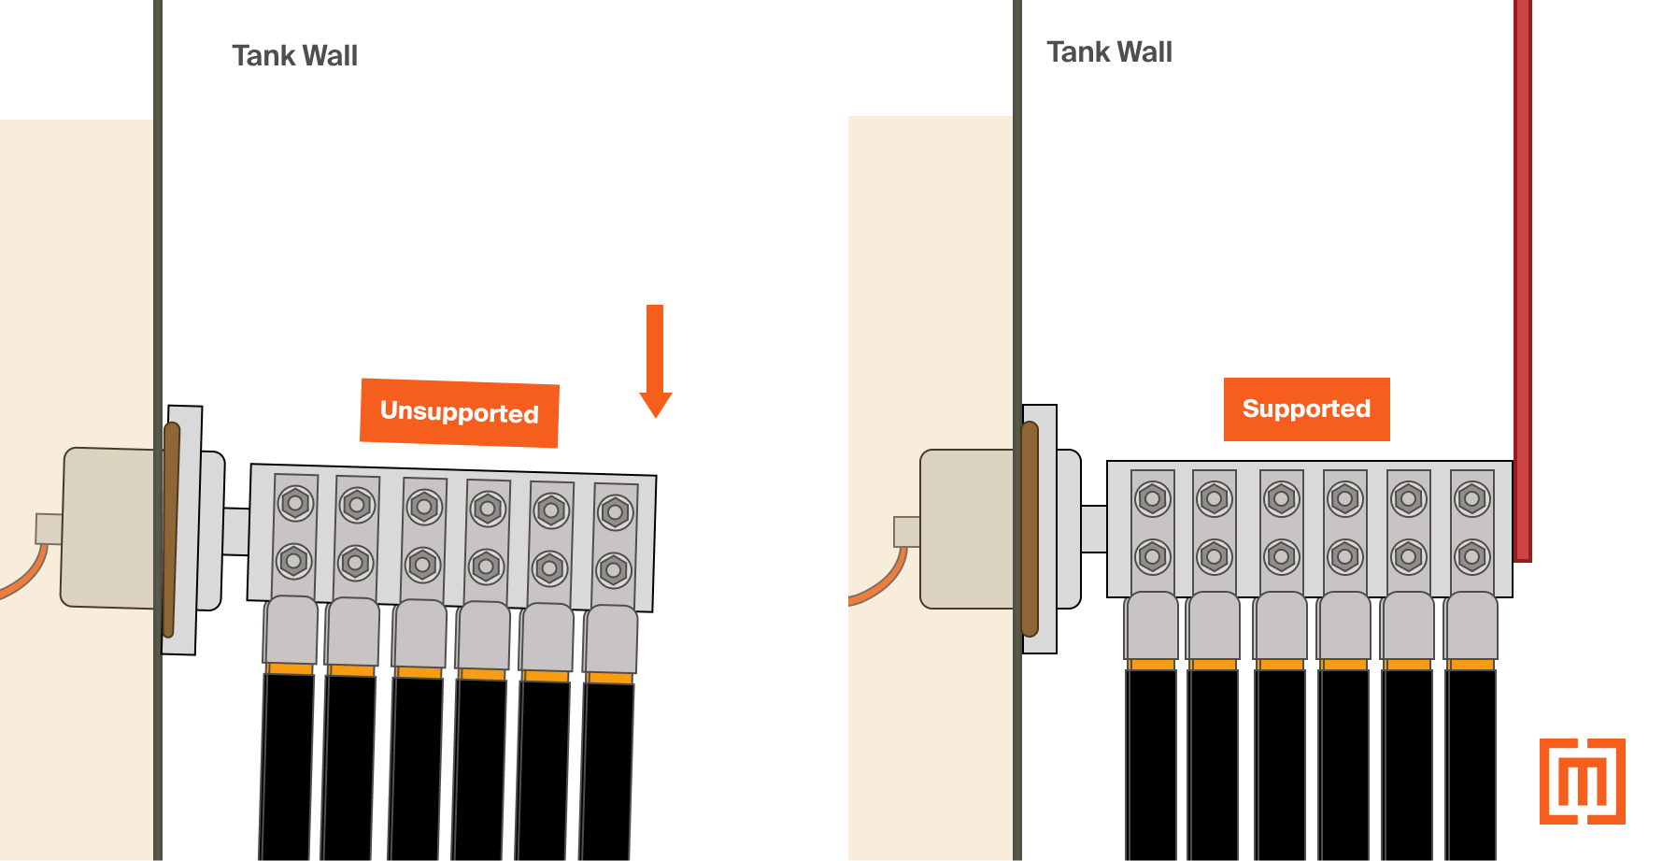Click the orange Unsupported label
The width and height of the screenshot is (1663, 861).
(x=459, y=412)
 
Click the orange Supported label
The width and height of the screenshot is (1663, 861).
(x=1306, y=409)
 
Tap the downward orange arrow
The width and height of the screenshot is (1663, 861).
(x=655, y=360)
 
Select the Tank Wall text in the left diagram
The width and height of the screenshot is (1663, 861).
(x=294, y=56)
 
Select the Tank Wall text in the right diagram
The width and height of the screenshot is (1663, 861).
(x=1109, y=52)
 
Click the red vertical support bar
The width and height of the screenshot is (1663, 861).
(x=1522, y=280)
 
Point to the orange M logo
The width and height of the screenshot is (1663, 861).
(x=1582, y=782)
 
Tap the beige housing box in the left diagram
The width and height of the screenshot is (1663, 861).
(x=107, y=528)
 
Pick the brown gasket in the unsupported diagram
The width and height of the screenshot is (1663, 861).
(x=171, y=529)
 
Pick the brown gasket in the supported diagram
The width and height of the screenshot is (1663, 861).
(x=1030, y=529)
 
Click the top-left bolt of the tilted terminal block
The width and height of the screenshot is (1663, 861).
(x=295, y=503)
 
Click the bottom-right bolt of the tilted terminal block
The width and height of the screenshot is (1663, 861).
(x=613, y=570)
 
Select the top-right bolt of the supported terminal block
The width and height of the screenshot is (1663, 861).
(x=1471, y=499)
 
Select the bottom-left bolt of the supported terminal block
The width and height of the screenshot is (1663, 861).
(x=1152, y=557)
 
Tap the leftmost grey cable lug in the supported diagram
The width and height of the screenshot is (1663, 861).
(x=1152, y=626)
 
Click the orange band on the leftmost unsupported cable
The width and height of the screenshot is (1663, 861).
(x=290, y=668)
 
